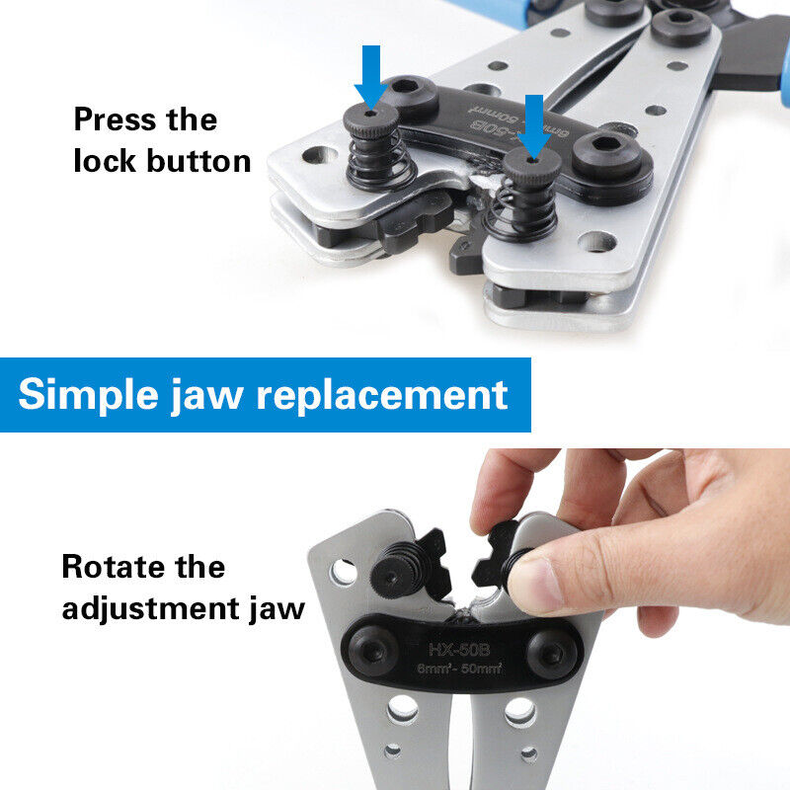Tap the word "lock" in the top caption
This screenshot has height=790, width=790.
click(105, 161)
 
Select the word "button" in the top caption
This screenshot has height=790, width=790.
click(198, 161)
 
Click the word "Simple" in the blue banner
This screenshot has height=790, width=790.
click(88, 394)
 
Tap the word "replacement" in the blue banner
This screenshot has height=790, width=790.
click(382, 396)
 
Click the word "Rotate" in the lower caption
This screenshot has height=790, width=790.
click(113, 567)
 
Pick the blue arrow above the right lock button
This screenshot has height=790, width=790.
click(534, 126)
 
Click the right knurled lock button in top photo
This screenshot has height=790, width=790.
click(532, 170)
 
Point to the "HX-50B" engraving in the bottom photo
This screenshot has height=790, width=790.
click(459, 650)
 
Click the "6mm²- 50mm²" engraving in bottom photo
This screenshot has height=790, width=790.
click(459, 669)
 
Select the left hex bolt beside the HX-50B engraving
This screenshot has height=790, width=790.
click(373, 653)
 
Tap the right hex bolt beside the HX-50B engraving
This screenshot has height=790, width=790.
click(552, 655)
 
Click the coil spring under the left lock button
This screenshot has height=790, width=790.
click(380, 161)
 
